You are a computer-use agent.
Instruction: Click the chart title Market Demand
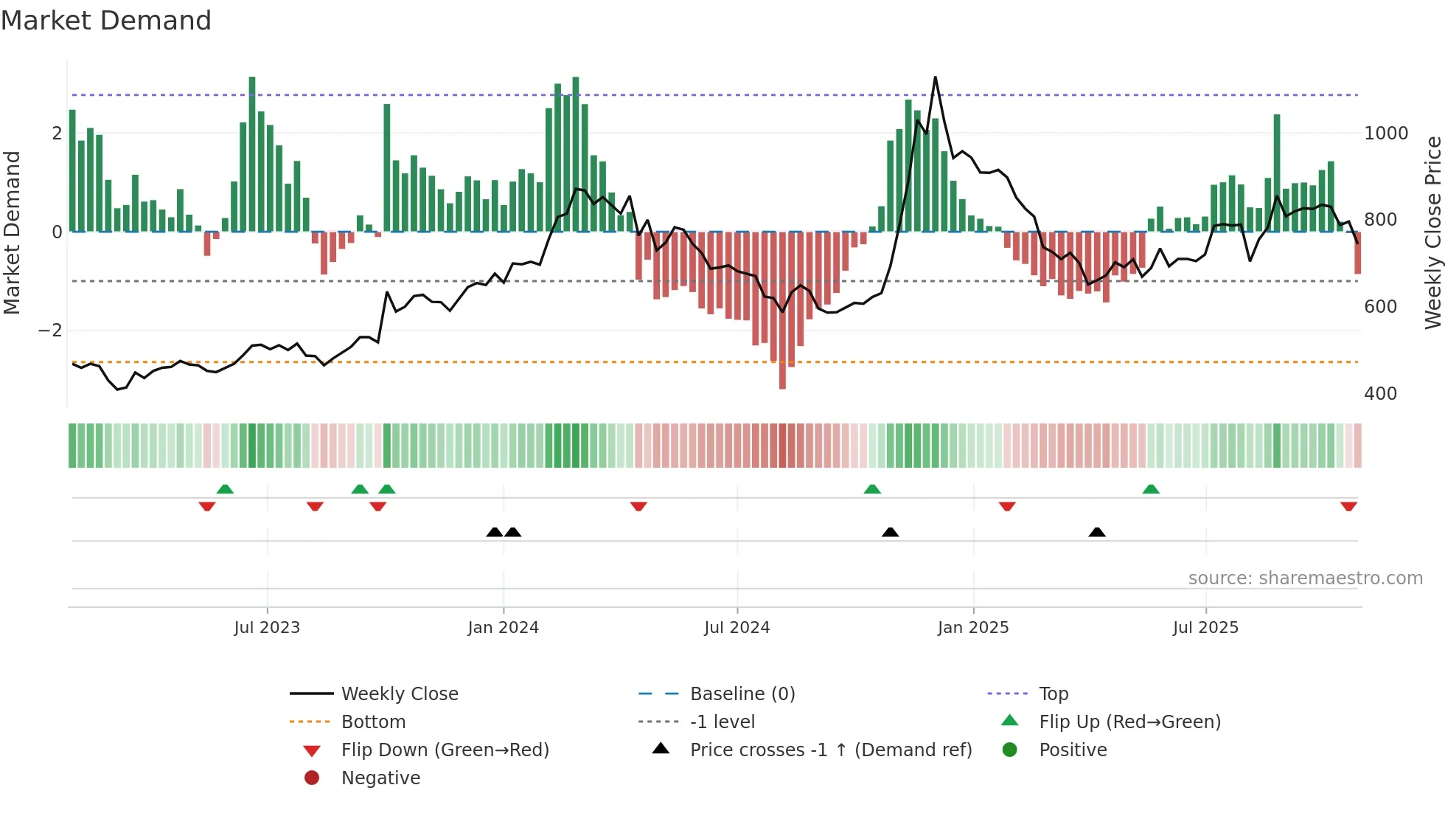tap(106, 21)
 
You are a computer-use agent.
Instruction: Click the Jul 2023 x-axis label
tap(267, 628)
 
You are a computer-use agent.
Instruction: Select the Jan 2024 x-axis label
tap(503, 628)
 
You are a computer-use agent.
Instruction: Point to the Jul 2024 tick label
tap(737, 628)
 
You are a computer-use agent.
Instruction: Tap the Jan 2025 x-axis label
tap(972, 628)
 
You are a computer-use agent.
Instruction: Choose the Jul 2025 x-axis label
tap(1205, 628)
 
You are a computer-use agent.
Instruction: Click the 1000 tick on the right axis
tap(1386, 134)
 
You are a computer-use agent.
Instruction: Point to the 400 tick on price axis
tap(1380, 394)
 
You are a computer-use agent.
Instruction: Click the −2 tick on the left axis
tap(50, 331)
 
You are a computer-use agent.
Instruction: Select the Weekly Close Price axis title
tap(1432, 232)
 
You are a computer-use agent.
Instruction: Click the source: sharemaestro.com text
tap(1305, 578)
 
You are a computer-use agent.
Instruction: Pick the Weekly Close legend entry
tap(399, 694)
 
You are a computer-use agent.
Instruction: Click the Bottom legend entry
tap(373, 722)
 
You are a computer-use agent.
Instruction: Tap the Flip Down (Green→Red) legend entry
tap(445, 750)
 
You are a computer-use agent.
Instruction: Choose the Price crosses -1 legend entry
tap(830, 750)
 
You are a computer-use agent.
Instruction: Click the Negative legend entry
tap(380, 778)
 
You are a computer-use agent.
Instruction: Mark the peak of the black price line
tap(935, 77)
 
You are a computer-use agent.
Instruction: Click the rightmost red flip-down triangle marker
tap(1348, 507)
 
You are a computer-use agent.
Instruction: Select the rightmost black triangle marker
tap(1097, 532)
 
